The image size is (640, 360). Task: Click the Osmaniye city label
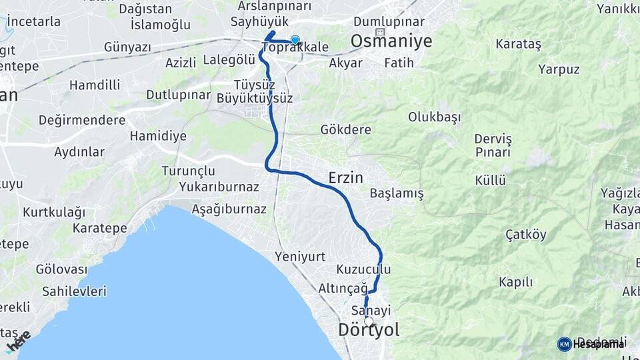pos(391,41)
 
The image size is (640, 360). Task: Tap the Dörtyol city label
pos(368,330)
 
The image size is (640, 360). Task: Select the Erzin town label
pos(345,177)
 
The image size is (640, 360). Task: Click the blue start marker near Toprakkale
pos(295,41)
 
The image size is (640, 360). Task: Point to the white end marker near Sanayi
pos(369,321)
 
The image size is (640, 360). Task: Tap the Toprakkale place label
pos(295,48)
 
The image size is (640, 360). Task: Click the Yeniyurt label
pos(300,257)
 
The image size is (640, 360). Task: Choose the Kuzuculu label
pos(363,269)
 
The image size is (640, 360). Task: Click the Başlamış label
pos(397,194)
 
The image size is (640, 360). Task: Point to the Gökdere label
pos(345,129)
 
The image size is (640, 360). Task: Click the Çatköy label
pos(526,235)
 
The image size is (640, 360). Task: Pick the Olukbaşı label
pos(435,117)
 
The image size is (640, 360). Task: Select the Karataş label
pos(519,44)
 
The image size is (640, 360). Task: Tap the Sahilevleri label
pos(74,291)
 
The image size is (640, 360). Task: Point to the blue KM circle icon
pos(564,344)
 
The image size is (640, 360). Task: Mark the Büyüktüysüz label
pos(255,98)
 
